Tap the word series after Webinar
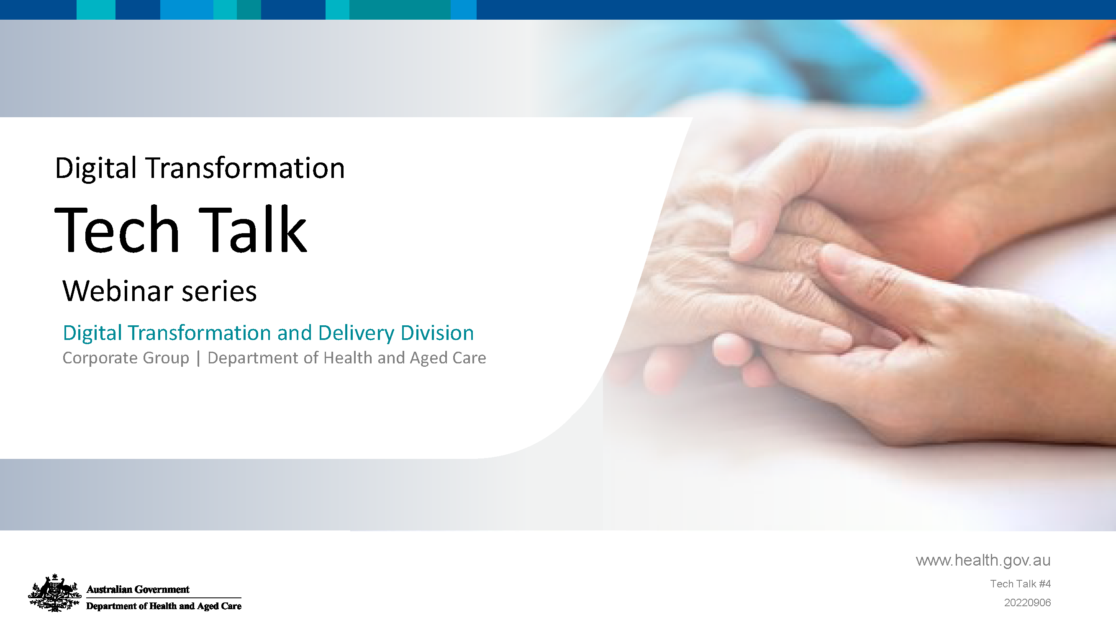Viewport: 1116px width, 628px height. coord(219,292)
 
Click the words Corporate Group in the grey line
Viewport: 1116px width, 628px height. coord(126,358)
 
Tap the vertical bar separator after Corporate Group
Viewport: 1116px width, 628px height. coord(198,358)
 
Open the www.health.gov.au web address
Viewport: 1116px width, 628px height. coord(983,561)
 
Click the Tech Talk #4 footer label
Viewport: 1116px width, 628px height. coord(1020,584)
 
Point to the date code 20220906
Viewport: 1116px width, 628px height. coord(1027,602)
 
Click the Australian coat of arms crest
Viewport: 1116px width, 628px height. coord(54,593)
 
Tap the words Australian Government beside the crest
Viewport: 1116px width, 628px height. coord(138,589)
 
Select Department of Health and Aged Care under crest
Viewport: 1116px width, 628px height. coord(164,606)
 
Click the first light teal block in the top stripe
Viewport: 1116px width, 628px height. coord(96,10)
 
